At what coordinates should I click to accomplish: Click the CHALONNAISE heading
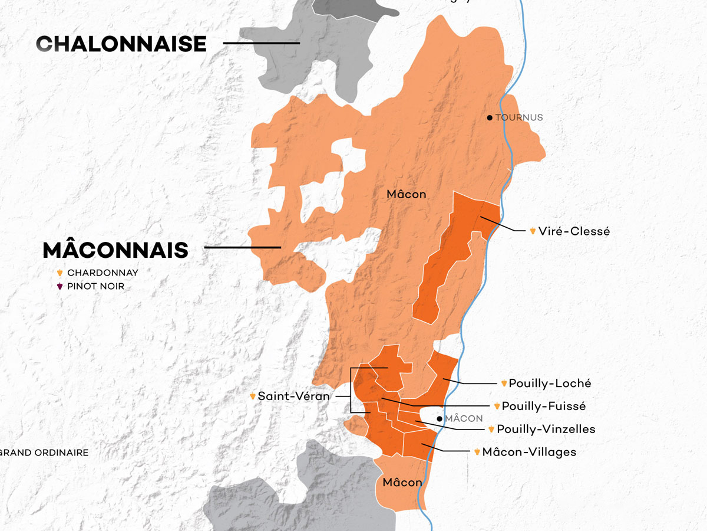pos(121,44)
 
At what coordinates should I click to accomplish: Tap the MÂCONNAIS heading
pos(115,250)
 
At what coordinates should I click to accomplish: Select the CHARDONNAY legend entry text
pos(103,273)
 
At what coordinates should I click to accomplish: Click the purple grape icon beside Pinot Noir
pos(60,287)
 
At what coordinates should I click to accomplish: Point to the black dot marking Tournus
pos(489,117)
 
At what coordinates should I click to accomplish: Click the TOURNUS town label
pos(518,117)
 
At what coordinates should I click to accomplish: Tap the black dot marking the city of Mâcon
pos(440,419)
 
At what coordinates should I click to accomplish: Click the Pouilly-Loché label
pos(550,383)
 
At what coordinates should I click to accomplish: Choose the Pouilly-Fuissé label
pos(544,406)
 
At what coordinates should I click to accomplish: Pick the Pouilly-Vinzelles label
pos(546,429)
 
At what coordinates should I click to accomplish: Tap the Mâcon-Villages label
pos(528,452)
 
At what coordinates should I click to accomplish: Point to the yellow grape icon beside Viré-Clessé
pos(533,231)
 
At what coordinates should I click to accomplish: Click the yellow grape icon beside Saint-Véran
pos(253,396)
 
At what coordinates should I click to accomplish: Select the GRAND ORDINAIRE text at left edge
pos(44,453)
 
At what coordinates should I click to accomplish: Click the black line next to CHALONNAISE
pos(261,43)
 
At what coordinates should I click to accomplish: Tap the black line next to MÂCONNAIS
pos(242,248)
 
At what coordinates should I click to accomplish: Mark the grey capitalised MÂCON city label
pos(464,419)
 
